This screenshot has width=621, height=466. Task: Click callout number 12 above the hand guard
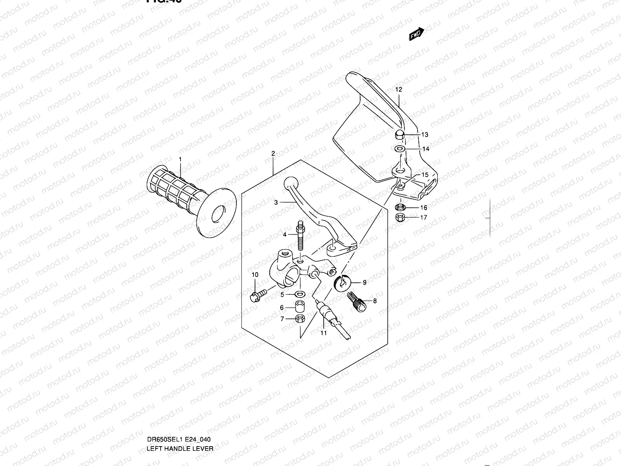pyautogui.click(x=399, y=89)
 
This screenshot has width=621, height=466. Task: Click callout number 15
pyautogui.click(x=425, y=175)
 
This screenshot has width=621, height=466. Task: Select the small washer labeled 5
pyautogui.click(x=300, y=294)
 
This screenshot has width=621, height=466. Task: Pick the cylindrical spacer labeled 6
pyautogui.click(x=300, y=307)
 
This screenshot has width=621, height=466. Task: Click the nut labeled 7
pyautogui.click(x=300, y=319)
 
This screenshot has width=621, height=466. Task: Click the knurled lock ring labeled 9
pyautogui.click(x=342, y=282)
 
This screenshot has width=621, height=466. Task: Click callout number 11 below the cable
pyautogui.click(x=323, y=333)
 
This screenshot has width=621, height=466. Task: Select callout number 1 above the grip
pyautogui.click(x=180, y=159)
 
